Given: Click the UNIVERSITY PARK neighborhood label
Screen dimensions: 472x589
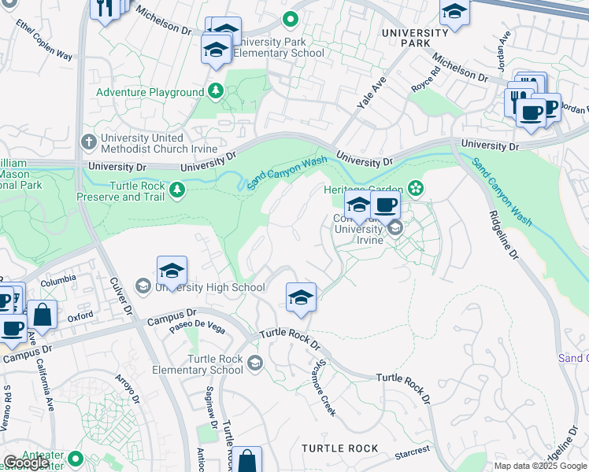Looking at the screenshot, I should tap(414, 39).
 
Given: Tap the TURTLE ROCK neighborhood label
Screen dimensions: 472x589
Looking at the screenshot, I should tap(340, 448).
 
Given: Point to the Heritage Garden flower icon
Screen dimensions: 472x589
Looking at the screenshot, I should tap(415, 189).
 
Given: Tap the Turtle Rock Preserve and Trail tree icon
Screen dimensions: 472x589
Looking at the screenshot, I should tap(178, 189).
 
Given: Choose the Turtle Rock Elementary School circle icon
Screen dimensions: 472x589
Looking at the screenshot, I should tap(254, 363).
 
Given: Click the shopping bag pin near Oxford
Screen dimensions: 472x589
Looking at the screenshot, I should tap(43, 315).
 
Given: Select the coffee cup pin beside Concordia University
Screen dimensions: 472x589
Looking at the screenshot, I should tap(385, 206).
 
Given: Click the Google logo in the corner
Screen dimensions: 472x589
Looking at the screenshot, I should tap(25, 463).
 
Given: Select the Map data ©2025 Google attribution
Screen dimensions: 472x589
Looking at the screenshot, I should tap(539, 466).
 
